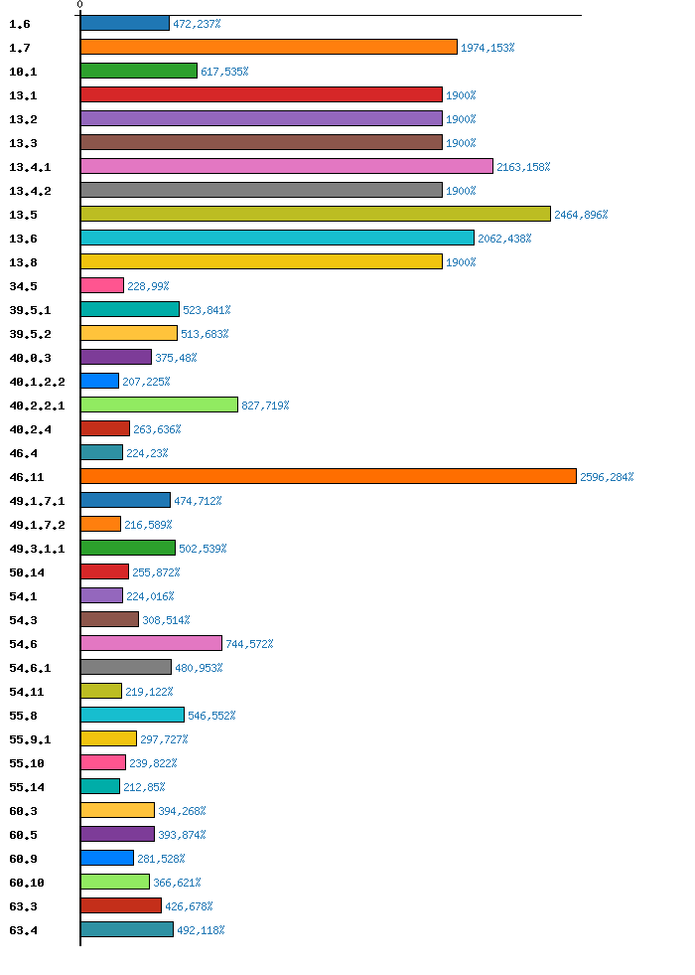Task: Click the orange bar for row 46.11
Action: pyautogui.click(x=328, y=476)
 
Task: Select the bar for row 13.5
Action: pyautogui.click(x=315, y=214)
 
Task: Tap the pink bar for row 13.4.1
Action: pyautogui.click(x=286, y=166)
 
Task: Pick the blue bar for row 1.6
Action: pyautogui.click(x=124, y=23)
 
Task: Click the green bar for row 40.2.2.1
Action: pyautogui.click(x=159, y=405)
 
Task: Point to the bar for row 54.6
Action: pyautogui.click(x=151, y=643)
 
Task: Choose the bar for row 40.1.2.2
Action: pyautogui.click(x=99, y=381)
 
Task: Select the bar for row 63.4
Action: pyautogui.click(x=126, y=929)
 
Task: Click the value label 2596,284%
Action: pyautogui.click(x=607, y=477)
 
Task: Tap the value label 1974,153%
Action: pyautogui.click(x=487, y=48)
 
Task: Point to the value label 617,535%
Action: pyautogui.click(x=224, y=72)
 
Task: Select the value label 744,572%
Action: pyautogui.click(x=249, y=644)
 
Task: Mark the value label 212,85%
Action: pyautogui.click(x=144, y=787)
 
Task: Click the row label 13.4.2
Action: pyautogui.click(x=29, y=191)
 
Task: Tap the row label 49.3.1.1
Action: pyautogui.click(x=37, y=549)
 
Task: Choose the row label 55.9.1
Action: pyautogui.click(x=29, y=739)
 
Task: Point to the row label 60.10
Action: pyautogui.click(x=26, y=883)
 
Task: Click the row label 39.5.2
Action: pyautogui.click(x=29, y=334)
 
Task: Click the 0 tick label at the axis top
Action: pyautogui.click(x=80, y=5)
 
